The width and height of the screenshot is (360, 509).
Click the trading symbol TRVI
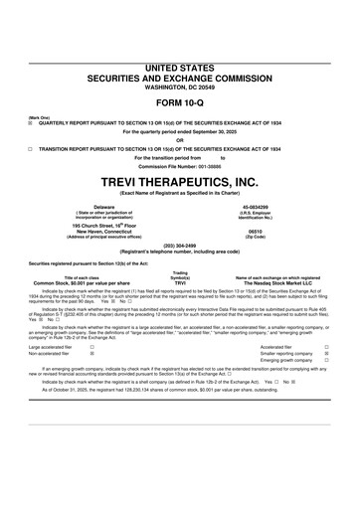point(180,283)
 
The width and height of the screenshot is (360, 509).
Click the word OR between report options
point(180,138)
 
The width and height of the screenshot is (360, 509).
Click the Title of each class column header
point(84,276)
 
